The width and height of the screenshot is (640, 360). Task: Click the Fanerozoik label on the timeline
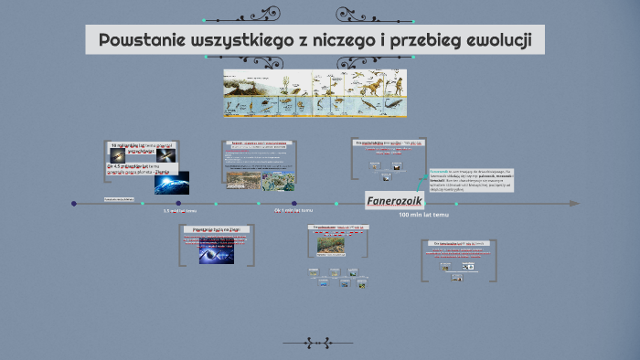tap(394, 201)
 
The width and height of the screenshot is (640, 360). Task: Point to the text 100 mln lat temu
tap(423, 216)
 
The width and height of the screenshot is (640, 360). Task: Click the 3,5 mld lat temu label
tap(179, 211)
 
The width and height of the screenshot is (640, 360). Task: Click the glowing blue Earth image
tap(171, 182)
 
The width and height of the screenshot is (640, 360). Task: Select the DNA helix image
tap(215, 256)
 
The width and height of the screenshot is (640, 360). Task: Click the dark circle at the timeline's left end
tap(74, 203)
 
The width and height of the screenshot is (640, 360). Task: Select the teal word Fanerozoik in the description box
tap(443, 171)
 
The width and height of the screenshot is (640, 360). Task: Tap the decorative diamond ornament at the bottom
tap(318, 343)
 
